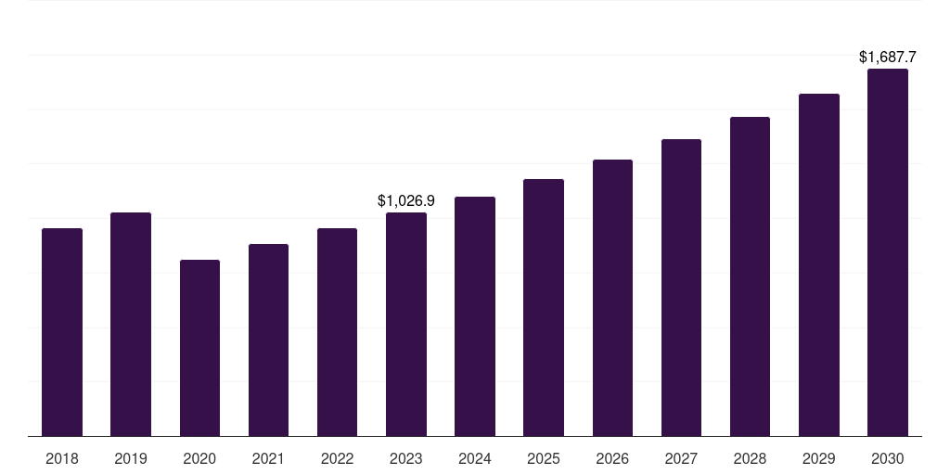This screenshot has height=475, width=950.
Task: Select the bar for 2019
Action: [131, 325]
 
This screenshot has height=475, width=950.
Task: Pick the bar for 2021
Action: [268, 340]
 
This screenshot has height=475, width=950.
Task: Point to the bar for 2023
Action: [406, 325]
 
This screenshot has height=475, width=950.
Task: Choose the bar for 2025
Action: [544, 308]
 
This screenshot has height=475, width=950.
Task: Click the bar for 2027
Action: [681, 288]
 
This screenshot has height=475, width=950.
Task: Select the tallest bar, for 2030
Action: [888, 252]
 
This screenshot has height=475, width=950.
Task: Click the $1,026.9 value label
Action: [406, 200]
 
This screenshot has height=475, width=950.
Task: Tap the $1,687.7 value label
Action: [888, 58]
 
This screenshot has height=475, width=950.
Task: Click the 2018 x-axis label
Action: [62, 458]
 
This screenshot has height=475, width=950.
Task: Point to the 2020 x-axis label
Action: [199, 458]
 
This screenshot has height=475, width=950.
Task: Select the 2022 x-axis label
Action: [337, 458]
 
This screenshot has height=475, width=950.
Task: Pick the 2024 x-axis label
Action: [475, 458]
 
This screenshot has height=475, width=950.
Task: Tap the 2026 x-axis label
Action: [612, 458]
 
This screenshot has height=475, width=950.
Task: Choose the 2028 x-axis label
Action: [750, 458]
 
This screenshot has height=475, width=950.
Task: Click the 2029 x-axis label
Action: [819, 458]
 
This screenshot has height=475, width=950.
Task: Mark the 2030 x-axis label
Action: [888, 458]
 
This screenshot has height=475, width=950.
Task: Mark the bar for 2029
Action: [819, 265]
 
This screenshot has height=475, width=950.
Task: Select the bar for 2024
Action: [475, 316]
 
